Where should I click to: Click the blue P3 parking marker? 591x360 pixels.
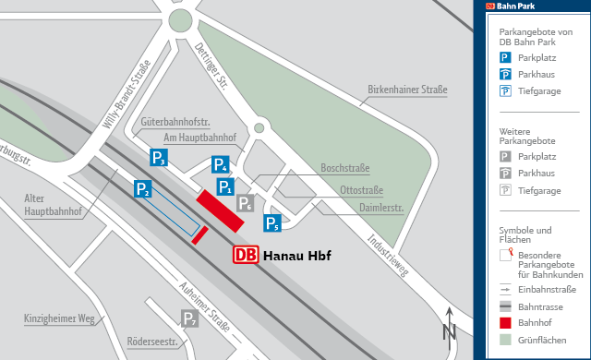tap(159, 157)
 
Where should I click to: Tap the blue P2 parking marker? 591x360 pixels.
tap(143, 187)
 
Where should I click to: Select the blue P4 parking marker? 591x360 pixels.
tap(220, 165)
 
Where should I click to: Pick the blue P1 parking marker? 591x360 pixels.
tap(225, 187)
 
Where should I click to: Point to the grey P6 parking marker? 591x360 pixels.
tap(245, 204)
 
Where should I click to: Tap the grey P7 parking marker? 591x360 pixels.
tap(189, 319)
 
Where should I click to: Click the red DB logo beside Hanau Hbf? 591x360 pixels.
tap(246, 255)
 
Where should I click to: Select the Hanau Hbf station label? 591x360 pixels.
tap(296, 256)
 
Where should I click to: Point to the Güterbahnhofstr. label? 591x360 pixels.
tap(176, 121)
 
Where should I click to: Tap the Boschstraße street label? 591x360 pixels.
tap(344, 169)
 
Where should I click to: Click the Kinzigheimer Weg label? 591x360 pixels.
tap(60, 319)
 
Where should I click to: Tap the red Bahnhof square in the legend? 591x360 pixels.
tap(505, 322)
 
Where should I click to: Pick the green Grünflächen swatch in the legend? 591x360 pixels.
tap(505, 339)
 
